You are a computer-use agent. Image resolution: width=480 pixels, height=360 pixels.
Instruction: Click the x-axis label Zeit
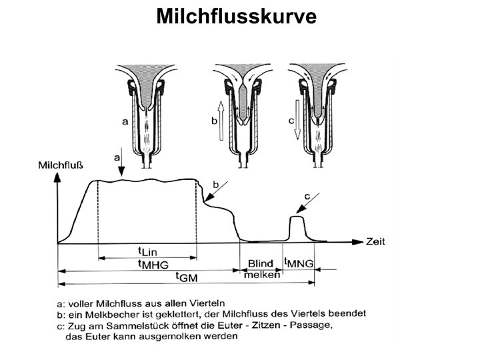pos(375,241)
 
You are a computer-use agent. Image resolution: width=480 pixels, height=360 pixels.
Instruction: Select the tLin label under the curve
pos(147,251)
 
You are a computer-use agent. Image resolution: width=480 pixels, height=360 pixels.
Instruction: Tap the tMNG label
pos(299,263)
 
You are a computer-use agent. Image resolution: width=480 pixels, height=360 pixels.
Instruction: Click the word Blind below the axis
pos(261,263)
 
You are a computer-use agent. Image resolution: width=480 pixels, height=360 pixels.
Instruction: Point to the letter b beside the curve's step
pos(215,184)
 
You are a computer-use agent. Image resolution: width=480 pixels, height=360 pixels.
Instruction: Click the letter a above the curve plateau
pos(117,159)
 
